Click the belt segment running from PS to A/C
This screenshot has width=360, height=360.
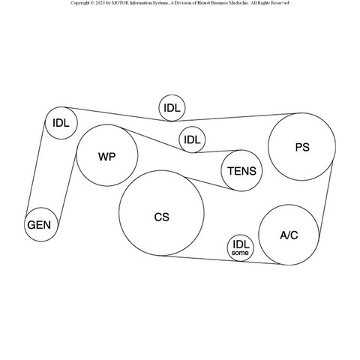pos(326,199)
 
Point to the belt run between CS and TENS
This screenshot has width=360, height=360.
pos(210,184)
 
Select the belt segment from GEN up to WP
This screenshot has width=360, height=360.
pos(67,190)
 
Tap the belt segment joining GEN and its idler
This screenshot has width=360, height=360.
pos(35,169)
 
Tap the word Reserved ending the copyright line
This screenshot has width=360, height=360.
pos(280,3)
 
